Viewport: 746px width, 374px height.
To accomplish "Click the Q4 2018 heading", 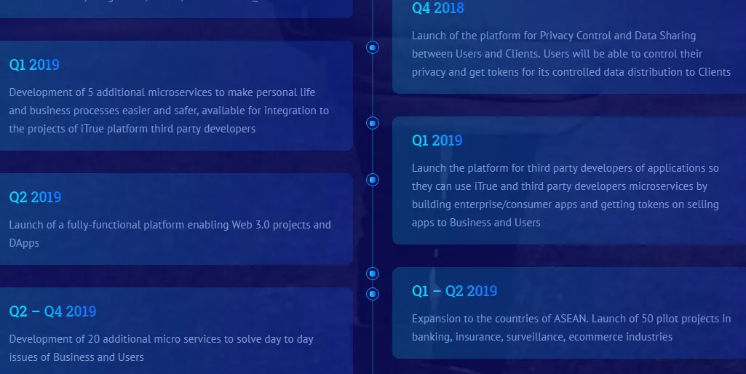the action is pos(437,8).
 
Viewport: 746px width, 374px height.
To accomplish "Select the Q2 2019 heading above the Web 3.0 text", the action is pos(35,197).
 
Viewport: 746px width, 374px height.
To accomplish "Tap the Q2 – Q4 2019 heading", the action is pos(53,311).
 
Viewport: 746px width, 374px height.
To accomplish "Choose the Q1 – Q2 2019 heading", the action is pos(454,291).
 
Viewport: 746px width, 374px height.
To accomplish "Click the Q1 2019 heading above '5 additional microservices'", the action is pos(34,65).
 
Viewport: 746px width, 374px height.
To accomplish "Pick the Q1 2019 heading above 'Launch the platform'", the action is pos(437,140).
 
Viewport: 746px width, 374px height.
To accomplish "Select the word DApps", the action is pos(24,243).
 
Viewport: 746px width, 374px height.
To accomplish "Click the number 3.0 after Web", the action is pos(263,225).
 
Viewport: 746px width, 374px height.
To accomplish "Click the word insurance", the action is pos(477,337).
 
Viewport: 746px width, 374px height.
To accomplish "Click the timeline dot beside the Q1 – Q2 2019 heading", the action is pos(373,293).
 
